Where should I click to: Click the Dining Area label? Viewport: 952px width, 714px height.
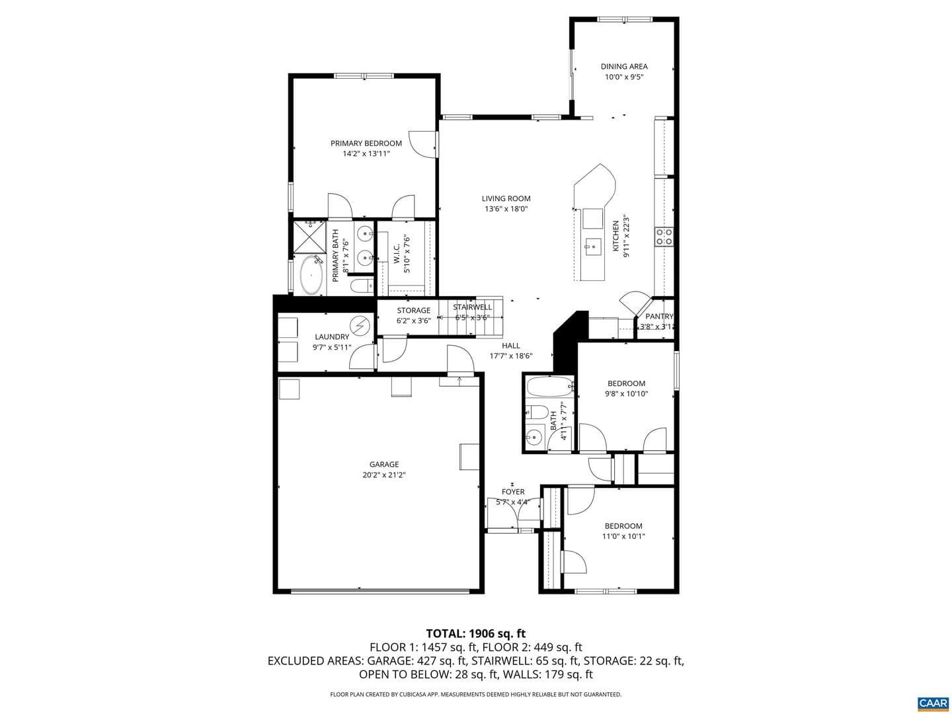click(623, 66)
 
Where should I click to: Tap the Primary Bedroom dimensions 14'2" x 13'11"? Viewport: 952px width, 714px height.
click(366, 153)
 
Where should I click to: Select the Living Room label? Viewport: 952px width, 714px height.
click(506, 198)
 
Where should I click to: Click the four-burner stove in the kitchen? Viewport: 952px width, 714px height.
click(664, 237)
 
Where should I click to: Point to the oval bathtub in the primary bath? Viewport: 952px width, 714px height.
click(311, 275)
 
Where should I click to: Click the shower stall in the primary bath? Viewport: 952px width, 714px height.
click(309, 237)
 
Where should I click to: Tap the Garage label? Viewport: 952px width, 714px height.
click(384, 464)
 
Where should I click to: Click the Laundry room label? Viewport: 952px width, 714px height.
click(332, 337)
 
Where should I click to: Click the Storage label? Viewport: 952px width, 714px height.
click(413, 311)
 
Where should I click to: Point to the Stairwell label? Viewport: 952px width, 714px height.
click(472, 307)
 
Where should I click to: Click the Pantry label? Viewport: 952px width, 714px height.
click(658, 317)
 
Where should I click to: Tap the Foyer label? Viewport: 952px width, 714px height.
click(512, 492)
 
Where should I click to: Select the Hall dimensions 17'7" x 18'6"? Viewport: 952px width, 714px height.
click(511, 356)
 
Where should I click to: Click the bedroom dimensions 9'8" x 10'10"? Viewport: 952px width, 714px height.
click(626, 393)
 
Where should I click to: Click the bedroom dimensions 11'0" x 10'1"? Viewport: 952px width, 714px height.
click(623, 536)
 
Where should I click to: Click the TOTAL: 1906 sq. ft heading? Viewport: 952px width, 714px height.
click(476, 633)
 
